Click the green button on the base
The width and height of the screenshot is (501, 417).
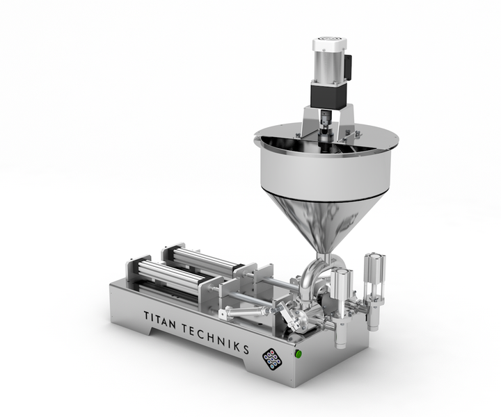pyautogui.click(x=299, y=353)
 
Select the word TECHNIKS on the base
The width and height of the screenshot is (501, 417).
pyautogui.click(x=215, y=339)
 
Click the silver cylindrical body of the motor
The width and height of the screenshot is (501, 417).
pyautogui.click(x=328, y=66)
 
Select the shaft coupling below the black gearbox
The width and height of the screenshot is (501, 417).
pyautogui.click(x=326, y=120)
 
